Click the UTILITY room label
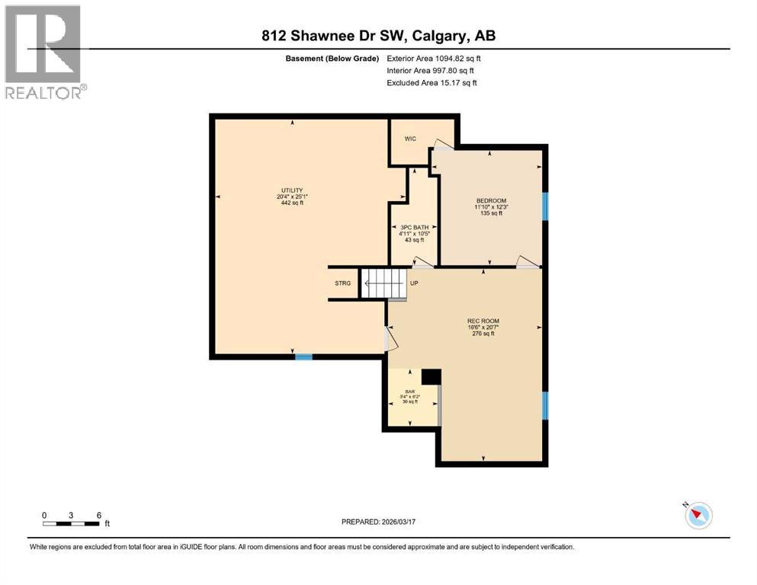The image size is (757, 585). click(291, 190)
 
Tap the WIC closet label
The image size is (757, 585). click(409, 139)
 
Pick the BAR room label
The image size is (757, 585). click(409, 391)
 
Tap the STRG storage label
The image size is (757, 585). click(343, 283)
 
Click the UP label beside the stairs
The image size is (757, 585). click(415, 283)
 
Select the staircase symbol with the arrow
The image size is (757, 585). click(383, 283)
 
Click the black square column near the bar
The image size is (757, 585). click(431, 376)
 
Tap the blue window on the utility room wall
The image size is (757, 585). click(303, 356)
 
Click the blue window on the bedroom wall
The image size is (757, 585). click(545, 206)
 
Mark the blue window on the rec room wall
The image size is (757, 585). click(545, 405)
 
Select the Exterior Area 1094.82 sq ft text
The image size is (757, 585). click(434, 58)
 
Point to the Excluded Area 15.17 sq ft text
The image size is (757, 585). click(432, 82)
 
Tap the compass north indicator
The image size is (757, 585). click(698, 516)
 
